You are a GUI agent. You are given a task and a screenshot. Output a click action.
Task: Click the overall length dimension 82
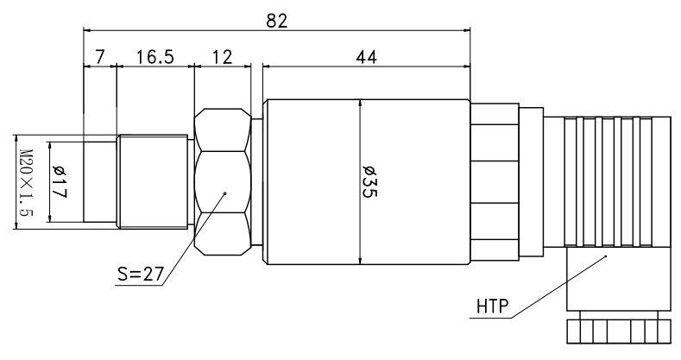pos(276,20)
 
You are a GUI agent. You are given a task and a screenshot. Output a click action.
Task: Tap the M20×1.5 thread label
pos(25,183)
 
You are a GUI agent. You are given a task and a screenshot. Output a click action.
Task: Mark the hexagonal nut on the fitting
pos(223,181)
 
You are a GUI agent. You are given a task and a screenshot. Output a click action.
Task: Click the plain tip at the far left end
pos(100,181)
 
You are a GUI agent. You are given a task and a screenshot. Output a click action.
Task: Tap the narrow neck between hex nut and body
pos(256,181)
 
